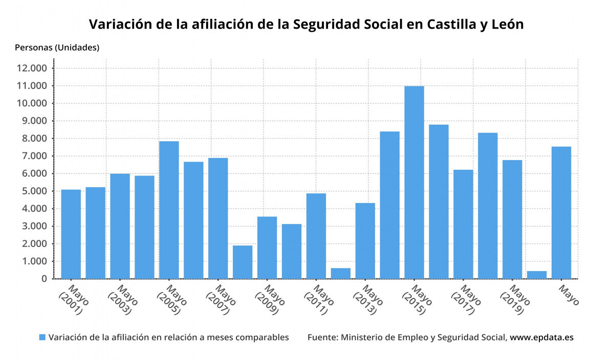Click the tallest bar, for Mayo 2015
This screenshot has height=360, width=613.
414,182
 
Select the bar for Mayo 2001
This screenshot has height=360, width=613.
71,234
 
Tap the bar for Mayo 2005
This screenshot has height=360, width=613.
169,210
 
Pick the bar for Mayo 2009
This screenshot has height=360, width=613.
267,247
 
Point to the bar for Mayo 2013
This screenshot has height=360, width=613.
365,240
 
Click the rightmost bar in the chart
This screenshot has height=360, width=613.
561,212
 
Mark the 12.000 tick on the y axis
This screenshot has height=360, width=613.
32,69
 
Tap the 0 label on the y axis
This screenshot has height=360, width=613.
45,279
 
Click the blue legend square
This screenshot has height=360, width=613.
42,337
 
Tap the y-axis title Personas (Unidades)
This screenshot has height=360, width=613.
57,48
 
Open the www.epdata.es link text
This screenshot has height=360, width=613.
541,337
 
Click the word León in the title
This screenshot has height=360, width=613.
507,24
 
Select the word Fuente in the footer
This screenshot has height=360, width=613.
322,337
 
